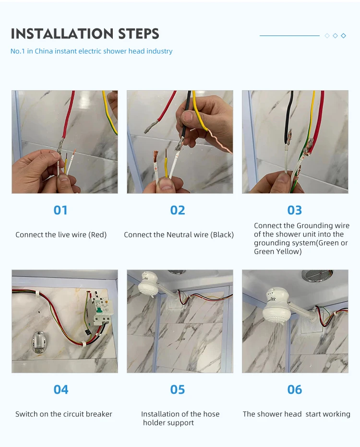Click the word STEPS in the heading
[139, 34]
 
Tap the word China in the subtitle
[44, 51]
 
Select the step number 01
[60, 210]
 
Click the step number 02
[178, 210]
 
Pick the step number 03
[294, 210]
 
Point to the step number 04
[61, 389]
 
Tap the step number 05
[178, 389]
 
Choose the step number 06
[294, 389]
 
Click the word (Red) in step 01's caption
[97, 235]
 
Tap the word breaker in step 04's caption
[99, 414]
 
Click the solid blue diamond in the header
[344, 35]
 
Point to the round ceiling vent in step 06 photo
[317, 275]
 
